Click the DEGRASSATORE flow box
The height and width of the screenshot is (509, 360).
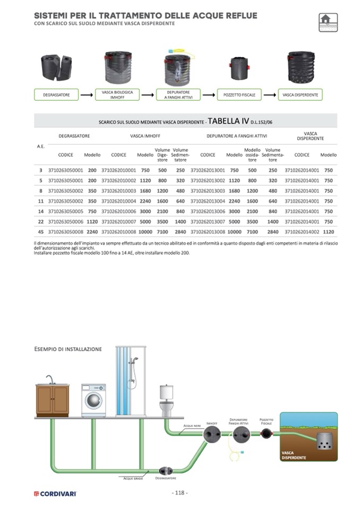click(x=56, y=95)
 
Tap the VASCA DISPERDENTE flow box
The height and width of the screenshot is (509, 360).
click(x=300, y=95)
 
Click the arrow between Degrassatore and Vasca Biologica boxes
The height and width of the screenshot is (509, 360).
click(x=87, y=95)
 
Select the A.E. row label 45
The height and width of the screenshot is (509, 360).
click(x=41, y=231)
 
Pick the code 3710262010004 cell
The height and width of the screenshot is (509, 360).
click(x=118, y=201)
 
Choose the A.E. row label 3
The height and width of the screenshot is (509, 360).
click(x=41, y=170)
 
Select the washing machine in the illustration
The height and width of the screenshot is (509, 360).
click(x=93, y=400)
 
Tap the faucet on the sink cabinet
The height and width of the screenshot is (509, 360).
click(x=49, y=379)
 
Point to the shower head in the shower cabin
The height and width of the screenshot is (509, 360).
click(x=135, y=360)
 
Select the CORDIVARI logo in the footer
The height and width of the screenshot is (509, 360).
click(x=55, y=494)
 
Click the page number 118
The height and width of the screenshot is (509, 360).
click(x=179, y=493)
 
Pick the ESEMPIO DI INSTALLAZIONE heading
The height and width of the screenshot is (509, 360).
click(x=67, y=349)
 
